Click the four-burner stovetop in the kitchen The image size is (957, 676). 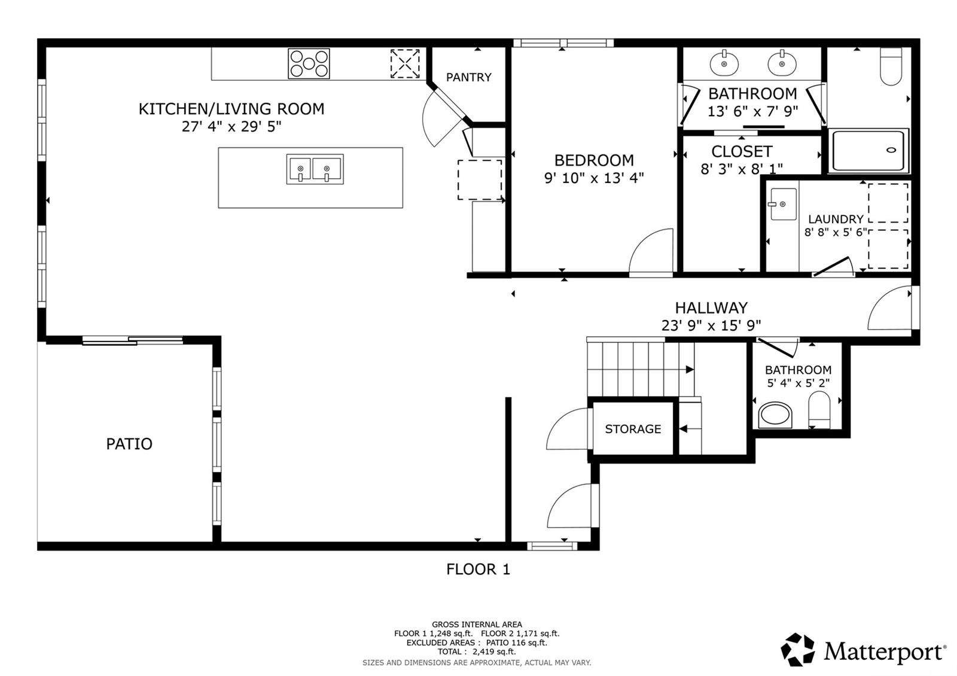(x=309, y=63)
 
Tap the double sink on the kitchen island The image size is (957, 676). (x=315, y=169)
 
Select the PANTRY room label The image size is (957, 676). (x=469, y=77)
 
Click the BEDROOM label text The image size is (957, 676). (x=594, y=160)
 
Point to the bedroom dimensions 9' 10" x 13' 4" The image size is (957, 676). (x=594, y=178)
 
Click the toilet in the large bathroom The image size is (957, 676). (x=891, y=66)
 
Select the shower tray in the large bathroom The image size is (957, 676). (x=868, y=151)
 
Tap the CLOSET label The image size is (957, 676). (x=742, y=151)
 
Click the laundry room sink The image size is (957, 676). (x=784, y=204)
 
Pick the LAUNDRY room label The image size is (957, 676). (x=836, y=219)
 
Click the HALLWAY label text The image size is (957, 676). (x=711, y=307)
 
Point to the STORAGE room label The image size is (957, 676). (x=633, y=428)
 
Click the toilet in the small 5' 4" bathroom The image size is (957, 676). (x=819, y=410)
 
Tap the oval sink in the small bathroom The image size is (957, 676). (x=775, y=415)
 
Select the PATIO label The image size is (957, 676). (x=129, y=444)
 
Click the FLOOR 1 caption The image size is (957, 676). (x=478, y=569)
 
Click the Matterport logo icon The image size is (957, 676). (x=798, y=650)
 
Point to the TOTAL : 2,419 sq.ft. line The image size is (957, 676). (x=477, y=651)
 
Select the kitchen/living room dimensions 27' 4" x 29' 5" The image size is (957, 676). (x=231, y=126)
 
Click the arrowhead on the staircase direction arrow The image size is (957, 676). (x=690, y=370)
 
